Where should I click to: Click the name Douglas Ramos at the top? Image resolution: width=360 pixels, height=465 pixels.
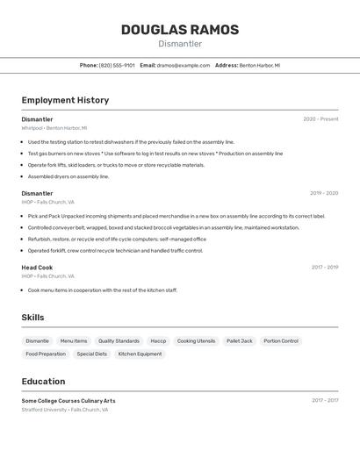[x=179, y=30]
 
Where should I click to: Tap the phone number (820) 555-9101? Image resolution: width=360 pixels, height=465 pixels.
[x=117, y=65]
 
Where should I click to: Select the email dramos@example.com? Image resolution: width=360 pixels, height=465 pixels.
[x=184, y=65]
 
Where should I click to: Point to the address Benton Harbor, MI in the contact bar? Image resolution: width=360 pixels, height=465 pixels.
[x=260, y=65]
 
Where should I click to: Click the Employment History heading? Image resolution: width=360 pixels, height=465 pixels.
[x=65, y=100]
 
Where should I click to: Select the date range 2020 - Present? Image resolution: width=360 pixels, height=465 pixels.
[x=320, y=119]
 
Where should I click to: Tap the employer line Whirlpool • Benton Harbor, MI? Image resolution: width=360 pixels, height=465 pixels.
[x=54, y=128]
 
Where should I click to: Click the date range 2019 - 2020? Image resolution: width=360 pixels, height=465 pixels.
[x=324, y=193]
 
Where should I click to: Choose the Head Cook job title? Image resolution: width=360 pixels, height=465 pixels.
[x=37, y=268]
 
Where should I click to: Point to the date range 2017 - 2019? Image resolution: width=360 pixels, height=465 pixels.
[x=324, y=268]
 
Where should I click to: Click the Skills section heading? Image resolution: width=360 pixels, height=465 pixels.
[x=33, y=317]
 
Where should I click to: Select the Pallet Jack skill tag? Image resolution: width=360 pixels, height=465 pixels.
[x=240, y=340]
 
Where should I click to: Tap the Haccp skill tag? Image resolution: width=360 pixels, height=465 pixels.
[x=158, y=340]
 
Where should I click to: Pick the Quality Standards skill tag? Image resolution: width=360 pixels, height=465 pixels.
[x=119, y=340]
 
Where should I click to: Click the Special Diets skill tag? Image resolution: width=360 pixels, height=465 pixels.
[x=92, y=354]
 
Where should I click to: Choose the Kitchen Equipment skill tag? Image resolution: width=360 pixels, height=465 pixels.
[x=140, y=354]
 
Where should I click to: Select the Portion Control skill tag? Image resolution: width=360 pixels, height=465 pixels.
[x=281, y=340]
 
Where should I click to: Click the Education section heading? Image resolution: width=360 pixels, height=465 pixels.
[x=43, y=382]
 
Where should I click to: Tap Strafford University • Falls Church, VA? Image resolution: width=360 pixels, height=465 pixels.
[x=65, y=410]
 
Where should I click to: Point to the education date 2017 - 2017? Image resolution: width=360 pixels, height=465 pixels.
[x=325, y=401]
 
